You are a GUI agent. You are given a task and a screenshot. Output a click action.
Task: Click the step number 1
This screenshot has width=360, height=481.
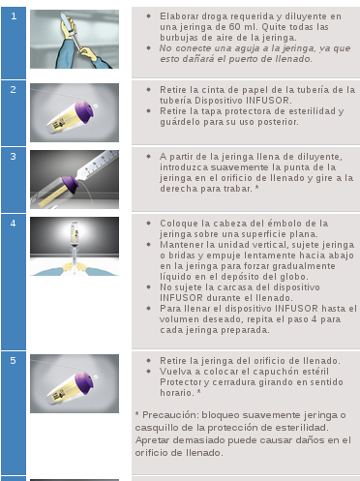tap(14, 15)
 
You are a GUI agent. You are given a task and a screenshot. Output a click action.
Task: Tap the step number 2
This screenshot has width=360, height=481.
tap(14, 89)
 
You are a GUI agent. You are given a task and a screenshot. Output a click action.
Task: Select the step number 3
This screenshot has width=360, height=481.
tap(14, 157)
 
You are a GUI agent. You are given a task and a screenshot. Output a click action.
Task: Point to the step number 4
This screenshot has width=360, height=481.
tap(14, 224)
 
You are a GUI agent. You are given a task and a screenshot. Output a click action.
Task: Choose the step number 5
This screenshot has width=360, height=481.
tap(14, 360)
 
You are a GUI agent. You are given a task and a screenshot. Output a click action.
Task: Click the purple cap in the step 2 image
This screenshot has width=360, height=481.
tap(82, 111)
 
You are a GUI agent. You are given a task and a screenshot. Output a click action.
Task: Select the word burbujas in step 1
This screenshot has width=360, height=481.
tap(178, 38)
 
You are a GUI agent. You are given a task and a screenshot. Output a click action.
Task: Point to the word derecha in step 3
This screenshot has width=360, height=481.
tap(177, 189)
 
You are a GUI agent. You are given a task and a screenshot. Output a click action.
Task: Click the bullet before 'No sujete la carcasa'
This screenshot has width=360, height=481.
tap(148, 286)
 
